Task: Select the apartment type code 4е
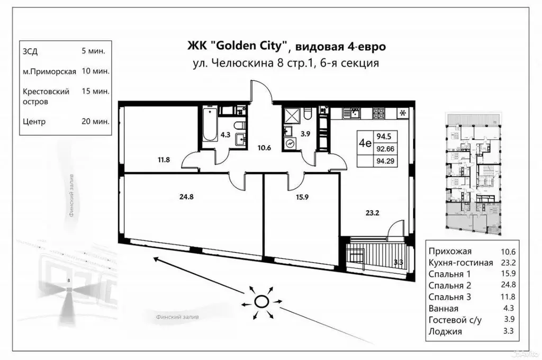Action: tap(364, 142)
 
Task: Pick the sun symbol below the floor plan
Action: tap(261, 302)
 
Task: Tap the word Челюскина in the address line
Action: tap(238, 64)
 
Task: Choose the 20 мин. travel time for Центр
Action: tap(96, 121)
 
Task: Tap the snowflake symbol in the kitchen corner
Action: tap(403, 113)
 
